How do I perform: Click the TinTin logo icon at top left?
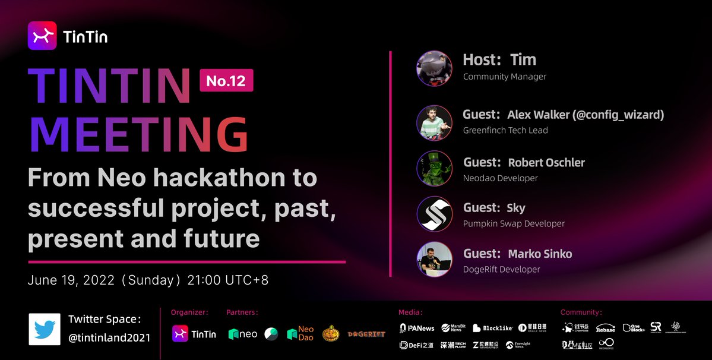pos(42,36)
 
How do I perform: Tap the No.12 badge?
pos(226,81)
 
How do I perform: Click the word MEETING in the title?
pos(138,135)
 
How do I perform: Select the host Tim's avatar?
pos(434,68)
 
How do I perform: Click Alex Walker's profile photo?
pos(434,123)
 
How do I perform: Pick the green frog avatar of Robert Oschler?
pos(434,169)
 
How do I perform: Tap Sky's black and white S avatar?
pos(434,214)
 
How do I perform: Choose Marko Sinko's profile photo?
pos(434,260)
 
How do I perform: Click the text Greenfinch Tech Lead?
pos(505,130)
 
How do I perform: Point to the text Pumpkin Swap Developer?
pos(514,224)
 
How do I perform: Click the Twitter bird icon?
pos(45,329)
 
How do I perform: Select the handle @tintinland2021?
pos(109,337)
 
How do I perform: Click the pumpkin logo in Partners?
pos(331,334)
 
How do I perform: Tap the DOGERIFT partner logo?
pos(366,334)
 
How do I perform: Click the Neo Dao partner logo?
pos(300,334)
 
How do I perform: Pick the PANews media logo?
pos(417,328)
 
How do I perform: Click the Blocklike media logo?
pos(492,328)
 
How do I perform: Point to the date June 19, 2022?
pos(71,280)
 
